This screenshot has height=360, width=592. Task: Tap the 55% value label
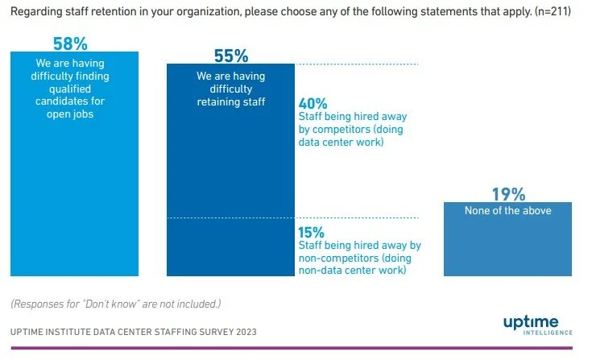(x=231, y=56)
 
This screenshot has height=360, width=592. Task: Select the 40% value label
(x=313, y=104)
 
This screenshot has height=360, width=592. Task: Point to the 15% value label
(x=313, y=232)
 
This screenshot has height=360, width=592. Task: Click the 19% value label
(x=508, y=194)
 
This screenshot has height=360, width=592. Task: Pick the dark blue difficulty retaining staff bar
(x=231, y=185)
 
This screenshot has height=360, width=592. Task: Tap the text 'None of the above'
(x=508, y=210)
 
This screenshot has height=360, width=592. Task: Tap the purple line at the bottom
(x=296, y=348)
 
